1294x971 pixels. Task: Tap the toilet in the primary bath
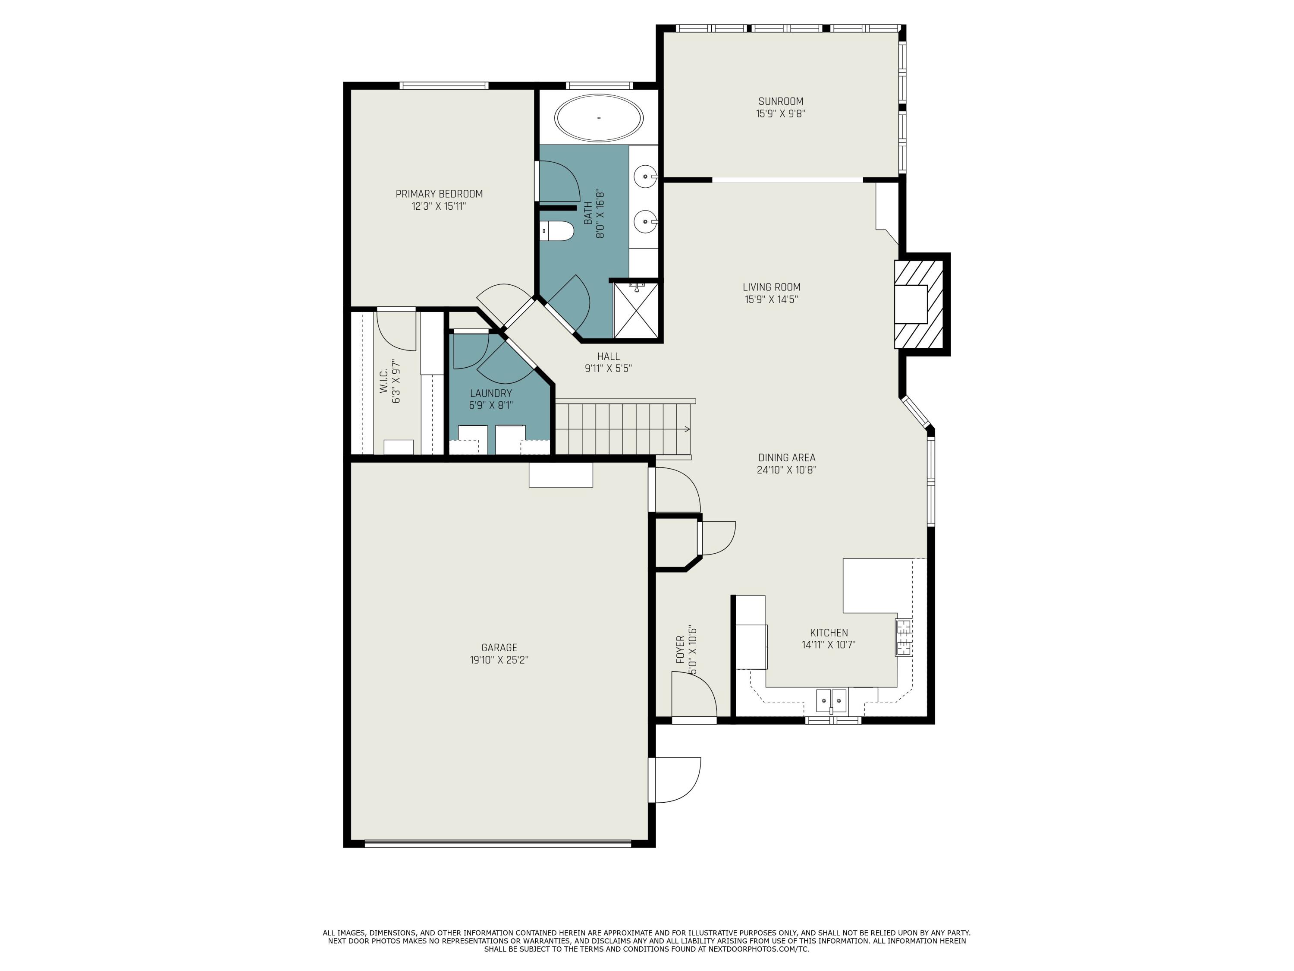[x=556, y=231]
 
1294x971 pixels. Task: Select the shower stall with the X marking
[x=636, y=311]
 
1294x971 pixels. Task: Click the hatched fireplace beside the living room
[x=919, y=304]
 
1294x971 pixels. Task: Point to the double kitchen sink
[x=831, y=699]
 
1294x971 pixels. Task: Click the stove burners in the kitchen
[x=903, y=637]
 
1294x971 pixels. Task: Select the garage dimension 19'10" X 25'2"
[x=499, y=659]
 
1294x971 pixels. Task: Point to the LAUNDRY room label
[x=491, y=393]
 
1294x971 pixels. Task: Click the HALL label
[x=608, y=356]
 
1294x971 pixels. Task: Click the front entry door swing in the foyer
[x=694, y=695]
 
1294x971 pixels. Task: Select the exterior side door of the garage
[x=675, y=780]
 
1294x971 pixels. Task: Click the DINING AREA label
[x=786, y=458]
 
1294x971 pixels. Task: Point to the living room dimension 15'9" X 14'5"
[x=771, y=299]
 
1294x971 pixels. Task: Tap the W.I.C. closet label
[x=384, y=381]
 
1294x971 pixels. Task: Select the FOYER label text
[x=680, y=649]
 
